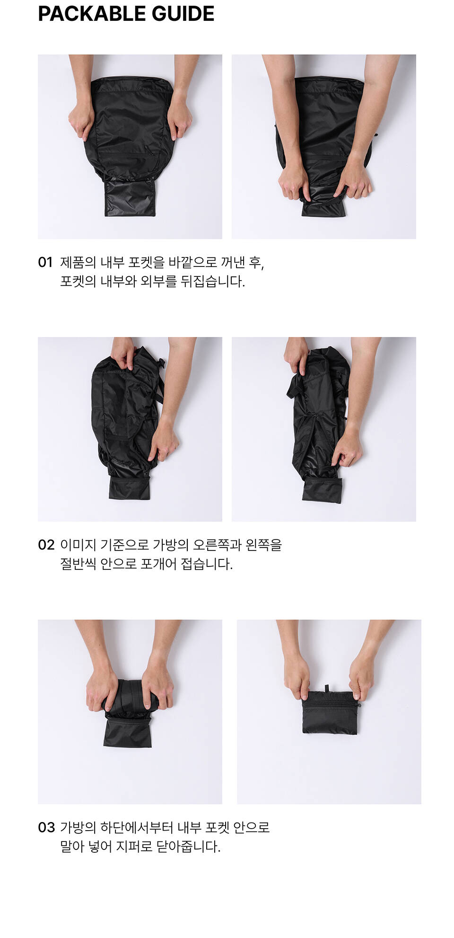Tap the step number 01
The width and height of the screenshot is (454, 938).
[x=45, y=262]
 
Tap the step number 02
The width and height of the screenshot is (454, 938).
[x=46, y=545]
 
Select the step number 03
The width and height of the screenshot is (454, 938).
[x=46, y=827]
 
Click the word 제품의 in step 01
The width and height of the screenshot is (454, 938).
[x=78, y=262]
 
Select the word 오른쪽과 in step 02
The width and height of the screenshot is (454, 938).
[x=217, y=545]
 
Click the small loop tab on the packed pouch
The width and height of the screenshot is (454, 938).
[x=326, y=688]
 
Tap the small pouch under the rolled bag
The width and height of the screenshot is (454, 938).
[x=128, y=732]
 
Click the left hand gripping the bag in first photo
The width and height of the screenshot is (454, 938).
[x=81, y=121]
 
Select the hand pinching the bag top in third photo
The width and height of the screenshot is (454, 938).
[x=123, y=353]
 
